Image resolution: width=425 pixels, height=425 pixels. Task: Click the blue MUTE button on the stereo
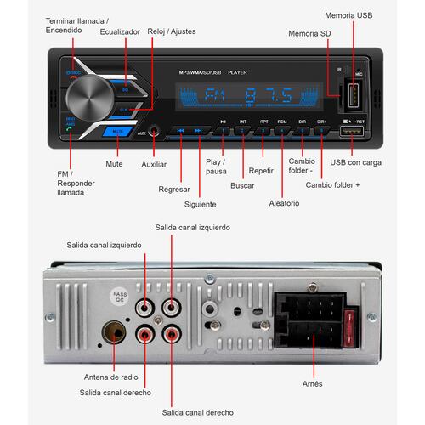tap(119, 132)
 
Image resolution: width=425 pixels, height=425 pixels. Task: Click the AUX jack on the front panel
tap(155, 132)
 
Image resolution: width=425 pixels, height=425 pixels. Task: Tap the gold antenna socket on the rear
tap(113, 332)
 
